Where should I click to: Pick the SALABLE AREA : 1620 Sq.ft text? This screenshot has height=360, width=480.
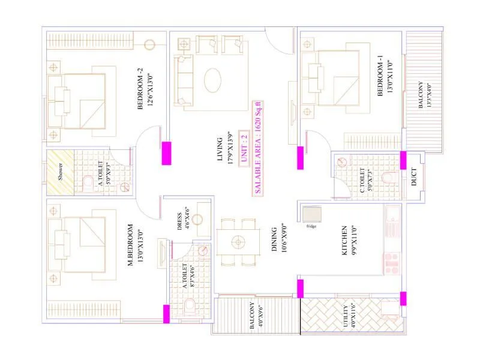click(258, 148)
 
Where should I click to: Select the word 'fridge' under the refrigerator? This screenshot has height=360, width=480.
click(311, 226)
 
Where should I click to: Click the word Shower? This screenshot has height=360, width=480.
click(60, 171)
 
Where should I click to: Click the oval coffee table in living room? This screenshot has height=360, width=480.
click(215, 80)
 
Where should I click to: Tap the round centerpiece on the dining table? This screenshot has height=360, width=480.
click(239, 242)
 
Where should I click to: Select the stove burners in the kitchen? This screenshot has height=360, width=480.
click(391, 262)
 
